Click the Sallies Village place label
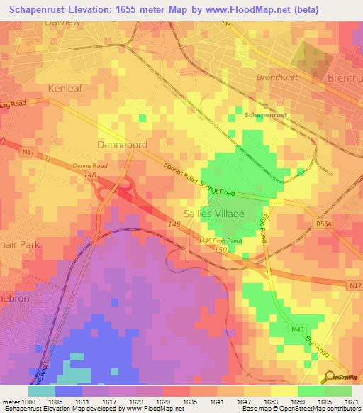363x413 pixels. (213, 214)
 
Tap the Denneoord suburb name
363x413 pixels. (121, 144)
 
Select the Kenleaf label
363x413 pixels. (66, 89)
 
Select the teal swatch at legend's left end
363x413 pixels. (42, 390)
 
